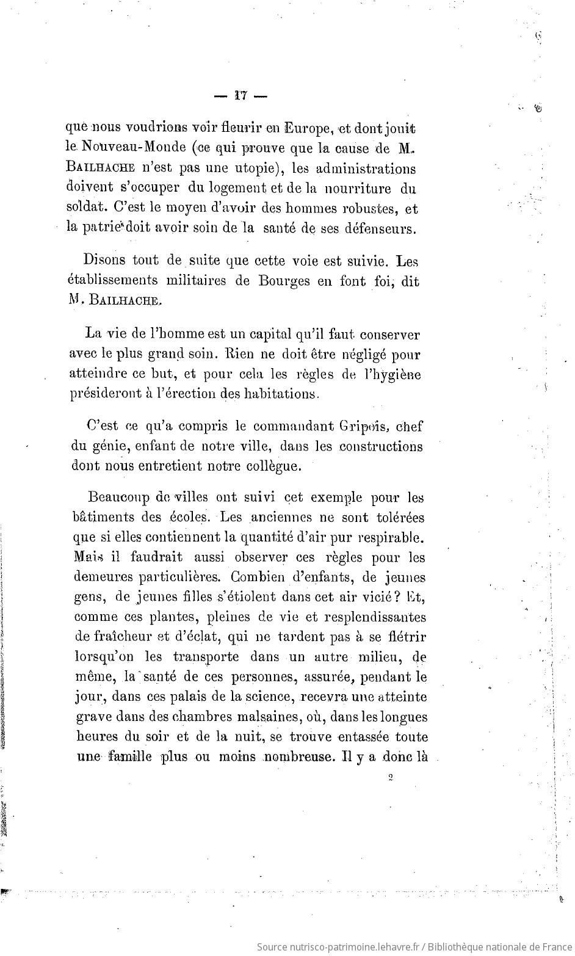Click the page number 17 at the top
[x=239, y=95]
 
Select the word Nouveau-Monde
[x=130, y=148]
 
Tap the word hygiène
[x=390, y=374]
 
